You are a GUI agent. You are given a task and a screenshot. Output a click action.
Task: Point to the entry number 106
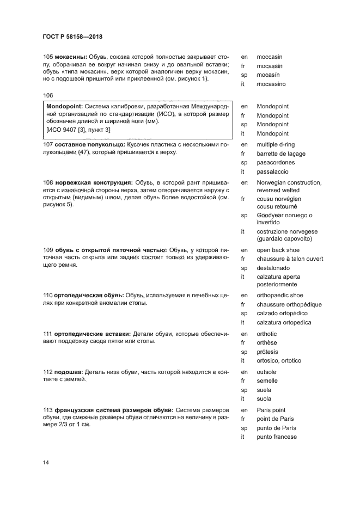click(x=48, y=95)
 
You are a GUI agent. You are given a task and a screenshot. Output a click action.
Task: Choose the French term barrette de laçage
click(x=280, y=154)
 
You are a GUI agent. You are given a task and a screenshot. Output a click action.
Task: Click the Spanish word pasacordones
click(x=275, y=163)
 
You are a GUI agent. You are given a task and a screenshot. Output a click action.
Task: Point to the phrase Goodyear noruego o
click(x=284, y=216)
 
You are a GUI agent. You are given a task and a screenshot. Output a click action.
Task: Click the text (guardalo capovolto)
click(x=284, y=239)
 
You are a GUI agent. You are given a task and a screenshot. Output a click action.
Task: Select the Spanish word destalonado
click(x=273, y=268)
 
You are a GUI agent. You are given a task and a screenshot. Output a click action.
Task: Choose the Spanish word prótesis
click(x=267, y=352)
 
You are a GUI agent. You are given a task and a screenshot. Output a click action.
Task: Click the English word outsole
click(x=267, y=372)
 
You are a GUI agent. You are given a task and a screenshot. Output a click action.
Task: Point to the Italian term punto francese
click(x=277, y=437)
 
